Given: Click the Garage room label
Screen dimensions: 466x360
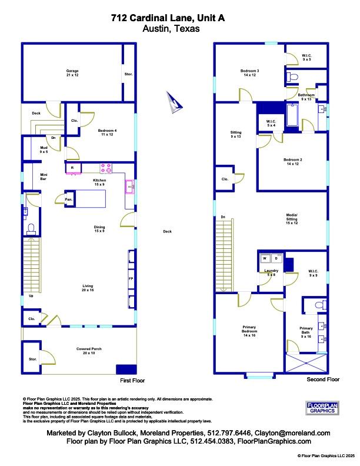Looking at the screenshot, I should click(x=72, y=73).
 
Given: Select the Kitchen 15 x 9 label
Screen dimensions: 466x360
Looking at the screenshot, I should click(x=99, y=182).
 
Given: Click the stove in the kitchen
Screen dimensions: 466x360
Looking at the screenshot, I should click(x=106, y=168).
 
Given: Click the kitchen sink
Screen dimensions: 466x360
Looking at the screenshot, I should click(x=129, y=187).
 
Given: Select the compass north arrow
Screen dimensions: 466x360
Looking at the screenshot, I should click(x=175, y=102).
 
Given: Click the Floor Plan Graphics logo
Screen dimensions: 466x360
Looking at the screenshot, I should click(x=324, y=408).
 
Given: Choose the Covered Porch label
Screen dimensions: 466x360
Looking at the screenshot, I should click(x=89, y=351).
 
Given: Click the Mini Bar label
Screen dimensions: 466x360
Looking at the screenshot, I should click(x=44, y=176).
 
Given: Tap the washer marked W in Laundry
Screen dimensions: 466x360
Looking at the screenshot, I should click(x=265, y=258).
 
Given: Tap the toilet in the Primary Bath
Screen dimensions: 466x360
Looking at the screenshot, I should click(x=318, y=305).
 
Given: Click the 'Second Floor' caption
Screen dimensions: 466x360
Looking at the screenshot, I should click(x=323, y=380).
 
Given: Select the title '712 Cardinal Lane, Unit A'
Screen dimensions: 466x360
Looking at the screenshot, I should click(x=155, y=18).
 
